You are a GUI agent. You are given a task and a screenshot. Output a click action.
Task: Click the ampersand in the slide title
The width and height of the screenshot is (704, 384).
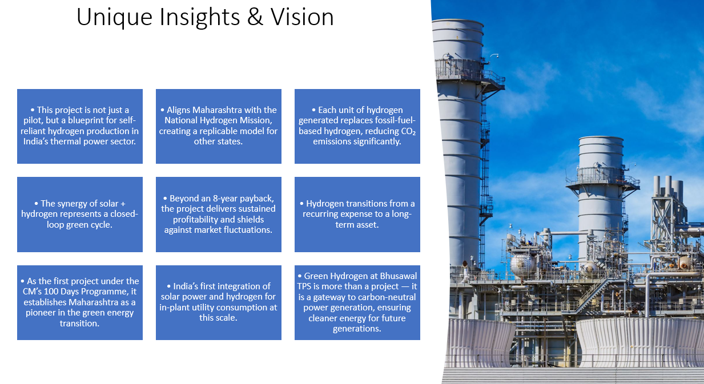[255, 17]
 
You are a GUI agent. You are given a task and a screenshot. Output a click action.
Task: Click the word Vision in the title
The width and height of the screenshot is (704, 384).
[302, 17]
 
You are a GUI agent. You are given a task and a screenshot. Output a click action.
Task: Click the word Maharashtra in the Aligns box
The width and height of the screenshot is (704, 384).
[216, 110]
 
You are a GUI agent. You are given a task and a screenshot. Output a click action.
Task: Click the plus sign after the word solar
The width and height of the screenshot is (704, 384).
[123, 204]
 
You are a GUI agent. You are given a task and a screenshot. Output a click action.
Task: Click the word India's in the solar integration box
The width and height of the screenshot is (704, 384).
[186, 286]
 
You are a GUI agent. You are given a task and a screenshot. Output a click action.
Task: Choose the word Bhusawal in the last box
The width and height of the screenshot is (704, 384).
[398, 276]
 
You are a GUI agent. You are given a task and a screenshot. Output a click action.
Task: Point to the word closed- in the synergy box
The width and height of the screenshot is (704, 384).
[124, 214]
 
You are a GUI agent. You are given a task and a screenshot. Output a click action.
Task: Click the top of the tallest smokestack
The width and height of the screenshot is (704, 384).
[457, 21]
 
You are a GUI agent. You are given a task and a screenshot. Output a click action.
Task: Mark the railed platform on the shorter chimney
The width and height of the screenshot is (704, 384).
[602, 178]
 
